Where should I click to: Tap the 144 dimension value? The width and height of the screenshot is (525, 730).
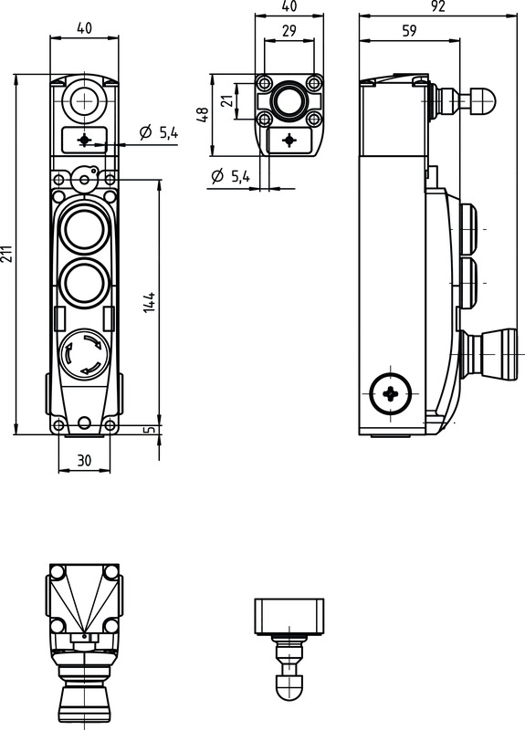(149, 302)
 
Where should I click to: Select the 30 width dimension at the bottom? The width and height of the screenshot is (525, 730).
(84, 461)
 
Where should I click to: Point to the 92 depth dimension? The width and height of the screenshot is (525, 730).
(438, 5)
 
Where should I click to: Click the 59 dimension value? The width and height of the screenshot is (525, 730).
(409, 31)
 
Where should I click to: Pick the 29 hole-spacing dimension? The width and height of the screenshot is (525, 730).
(289, 31)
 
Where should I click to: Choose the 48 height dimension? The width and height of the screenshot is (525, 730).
(203, 115)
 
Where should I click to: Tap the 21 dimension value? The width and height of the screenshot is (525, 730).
(226, 100)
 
